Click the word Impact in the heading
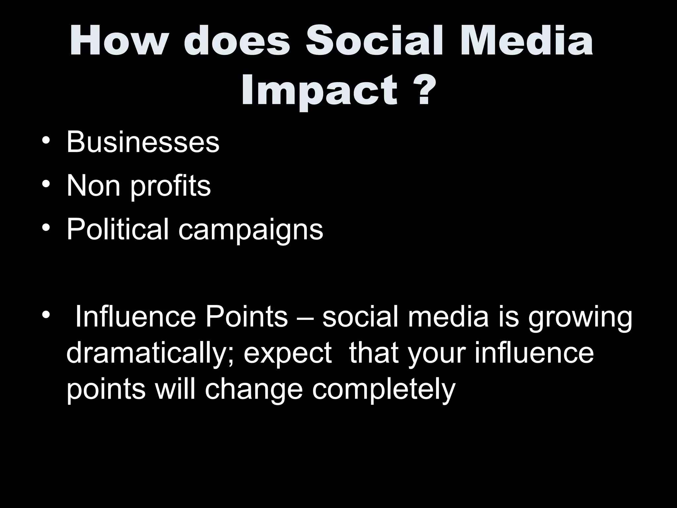[x=319, y=90]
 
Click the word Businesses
[x=143, y=142]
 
